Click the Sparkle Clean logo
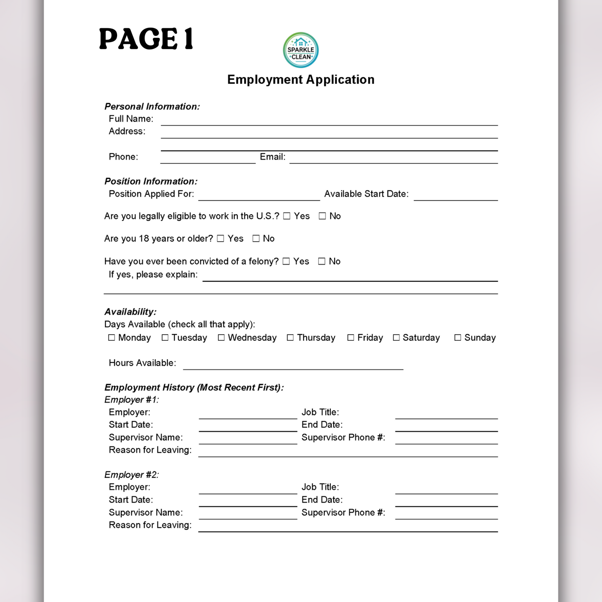tap(301, 50)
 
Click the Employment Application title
tap(301, 80)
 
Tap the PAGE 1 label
tap(146, 39)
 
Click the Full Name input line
tap(329, 121)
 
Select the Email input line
tap(393, 159)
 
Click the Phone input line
tap(208, 159)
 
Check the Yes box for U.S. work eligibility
tap(287, 216)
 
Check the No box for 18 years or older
tap(256, 238)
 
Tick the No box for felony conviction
tap(322, 261)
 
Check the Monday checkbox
tap(112, 337)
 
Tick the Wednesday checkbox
tap(221, 337)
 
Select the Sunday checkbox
tap(457, 337)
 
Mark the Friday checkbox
tap(351, 337)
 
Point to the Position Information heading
tap(151, 181)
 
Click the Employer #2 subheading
tap(131, 475)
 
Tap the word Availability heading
tap(130, 312)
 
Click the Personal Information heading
tap(152, 106)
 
